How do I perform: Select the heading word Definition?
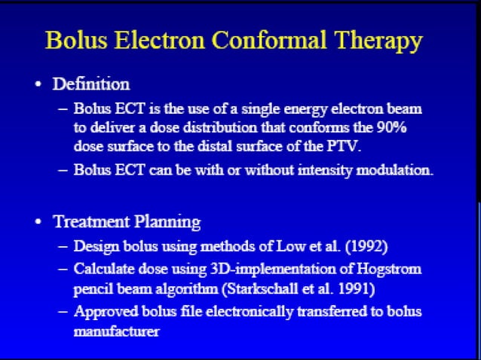[91, 84]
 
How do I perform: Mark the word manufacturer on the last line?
[117, 331]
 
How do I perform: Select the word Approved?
[102, 311]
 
